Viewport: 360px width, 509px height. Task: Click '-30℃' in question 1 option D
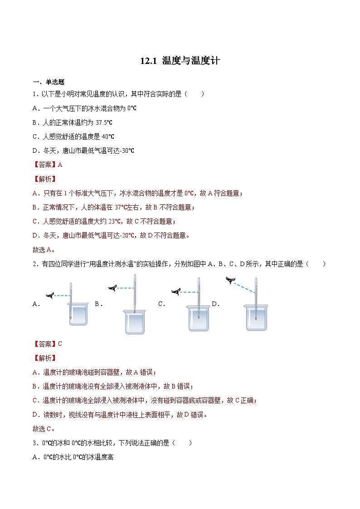pos(126,150)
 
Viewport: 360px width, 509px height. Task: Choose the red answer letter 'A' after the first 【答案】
pos(60,165)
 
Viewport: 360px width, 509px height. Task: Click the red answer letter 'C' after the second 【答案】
pos(60,344)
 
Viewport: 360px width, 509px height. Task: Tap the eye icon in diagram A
pos(51,296)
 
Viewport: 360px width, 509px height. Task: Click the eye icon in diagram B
pos(112,287)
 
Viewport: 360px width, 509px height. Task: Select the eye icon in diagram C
pos(176,292)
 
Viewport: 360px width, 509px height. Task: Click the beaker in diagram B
pos(135,322)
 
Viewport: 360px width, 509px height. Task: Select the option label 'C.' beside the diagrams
pos(162,304)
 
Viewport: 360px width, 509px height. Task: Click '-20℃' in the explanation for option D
pos(129,235)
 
